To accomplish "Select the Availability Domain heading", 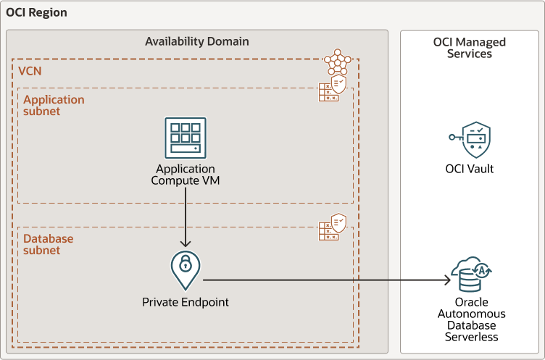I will (x=197, y=41).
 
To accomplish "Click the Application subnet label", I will (x=53, y=106).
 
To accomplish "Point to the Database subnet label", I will (x=48, y=245).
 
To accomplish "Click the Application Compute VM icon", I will (x=185, y=138).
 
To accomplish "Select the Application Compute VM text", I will (x=185, y=175).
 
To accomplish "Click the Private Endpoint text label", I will (x=185, y=301).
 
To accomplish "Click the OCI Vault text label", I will (x=470, y=169).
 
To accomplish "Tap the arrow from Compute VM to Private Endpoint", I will (x=185, y=217).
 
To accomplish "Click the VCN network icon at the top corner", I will (x=337, y=63).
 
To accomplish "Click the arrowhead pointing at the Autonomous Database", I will (x=445, y=279).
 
